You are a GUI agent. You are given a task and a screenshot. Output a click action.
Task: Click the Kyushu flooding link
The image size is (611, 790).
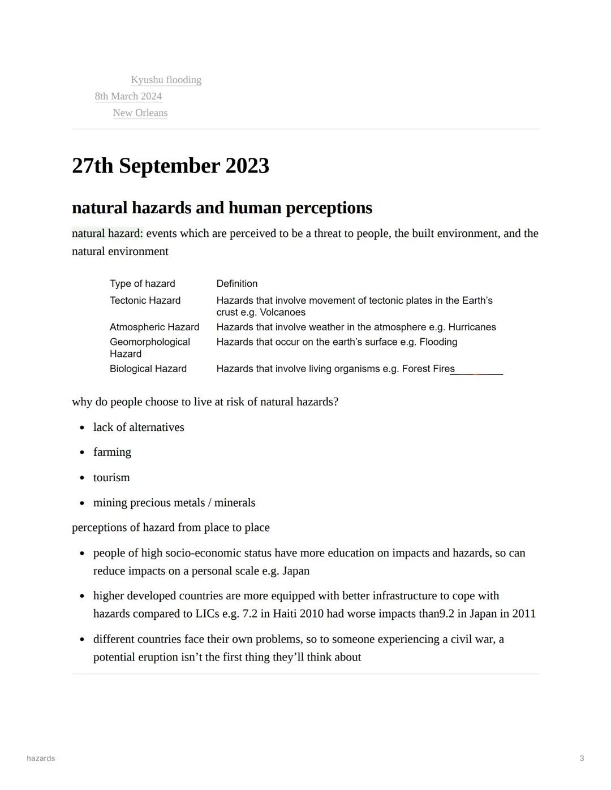click(x=166, y=80)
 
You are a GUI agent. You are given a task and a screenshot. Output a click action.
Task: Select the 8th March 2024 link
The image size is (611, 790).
click(x=128, y=96)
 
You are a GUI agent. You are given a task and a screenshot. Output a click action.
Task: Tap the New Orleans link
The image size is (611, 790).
click(x=140, y=113)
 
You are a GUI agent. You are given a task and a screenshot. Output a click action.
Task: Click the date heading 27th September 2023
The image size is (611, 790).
click(x=170, y=166)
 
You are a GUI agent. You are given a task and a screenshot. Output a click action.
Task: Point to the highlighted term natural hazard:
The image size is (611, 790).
click(x=107, y=234)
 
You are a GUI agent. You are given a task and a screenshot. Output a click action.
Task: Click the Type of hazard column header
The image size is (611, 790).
click(x=143, y=283)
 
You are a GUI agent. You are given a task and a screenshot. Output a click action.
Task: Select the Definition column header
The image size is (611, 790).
click(x=236, y=283)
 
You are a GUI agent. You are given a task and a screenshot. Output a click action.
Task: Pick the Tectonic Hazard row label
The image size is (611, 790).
click(x=145, y=300)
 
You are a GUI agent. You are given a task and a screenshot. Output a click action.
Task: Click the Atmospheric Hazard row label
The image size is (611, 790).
click(x=154, y=327)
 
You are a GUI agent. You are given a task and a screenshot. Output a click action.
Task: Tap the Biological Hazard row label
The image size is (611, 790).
click(x=148, y=369)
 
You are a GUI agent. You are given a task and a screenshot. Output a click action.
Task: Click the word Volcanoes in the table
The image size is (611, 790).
click(x=282, y=312)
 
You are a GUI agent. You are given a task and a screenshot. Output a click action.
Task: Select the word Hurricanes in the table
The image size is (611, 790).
click(x=472, y=327)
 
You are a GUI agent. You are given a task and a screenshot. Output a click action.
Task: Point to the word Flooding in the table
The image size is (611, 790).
click(x=438, y=342)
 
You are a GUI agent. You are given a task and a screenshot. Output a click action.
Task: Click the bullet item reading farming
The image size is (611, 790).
click(x=112, y=452)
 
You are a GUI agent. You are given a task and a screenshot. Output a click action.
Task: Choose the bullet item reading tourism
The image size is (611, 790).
click(x=111, y=477)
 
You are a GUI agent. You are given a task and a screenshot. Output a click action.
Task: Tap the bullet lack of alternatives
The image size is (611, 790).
click(x=139, y=427)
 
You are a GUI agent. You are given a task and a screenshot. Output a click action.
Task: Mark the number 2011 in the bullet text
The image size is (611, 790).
click(x=523, y=614)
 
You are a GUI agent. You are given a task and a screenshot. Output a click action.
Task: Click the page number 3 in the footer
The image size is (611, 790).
click(x=582, y=758)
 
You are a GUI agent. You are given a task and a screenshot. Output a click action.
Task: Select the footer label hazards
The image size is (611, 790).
click(x=41, y=758)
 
